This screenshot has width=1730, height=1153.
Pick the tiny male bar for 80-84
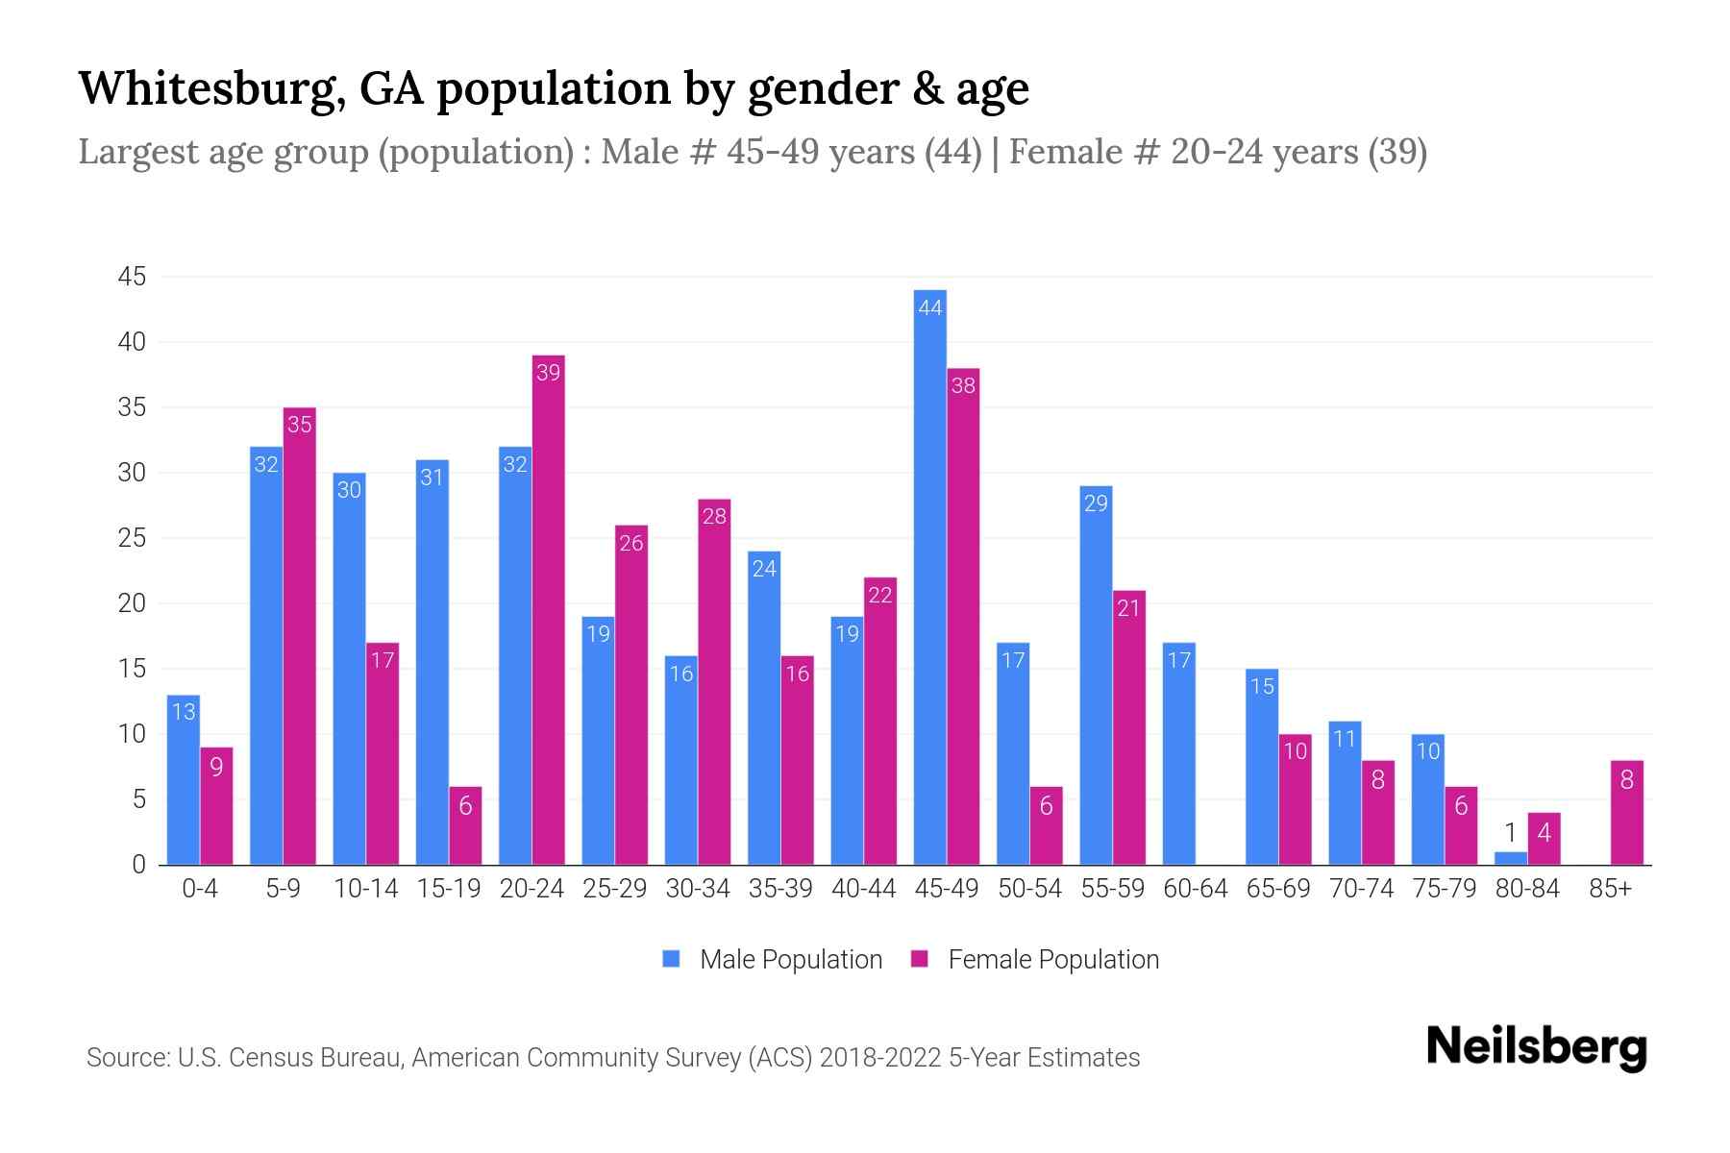[1510, 858]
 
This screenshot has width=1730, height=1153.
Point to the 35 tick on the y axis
[132, 407]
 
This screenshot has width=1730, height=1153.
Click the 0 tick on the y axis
[139, 865]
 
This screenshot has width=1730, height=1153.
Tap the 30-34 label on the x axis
[698, 889]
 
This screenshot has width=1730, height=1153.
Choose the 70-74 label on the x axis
[1361, 889]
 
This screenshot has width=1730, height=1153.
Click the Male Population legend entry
[773, 959]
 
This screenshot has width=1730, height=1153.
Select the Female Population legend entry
[1036, 959]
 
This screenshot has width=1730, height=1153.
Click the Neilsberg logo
[1536, 1047]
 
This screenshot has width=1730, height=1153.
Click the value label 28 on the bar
[714, 516]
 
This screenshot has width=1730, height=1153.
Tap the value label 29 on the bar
[1096, 503]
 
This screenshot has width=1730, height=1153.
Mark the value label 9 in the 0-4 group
[216, 767]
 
